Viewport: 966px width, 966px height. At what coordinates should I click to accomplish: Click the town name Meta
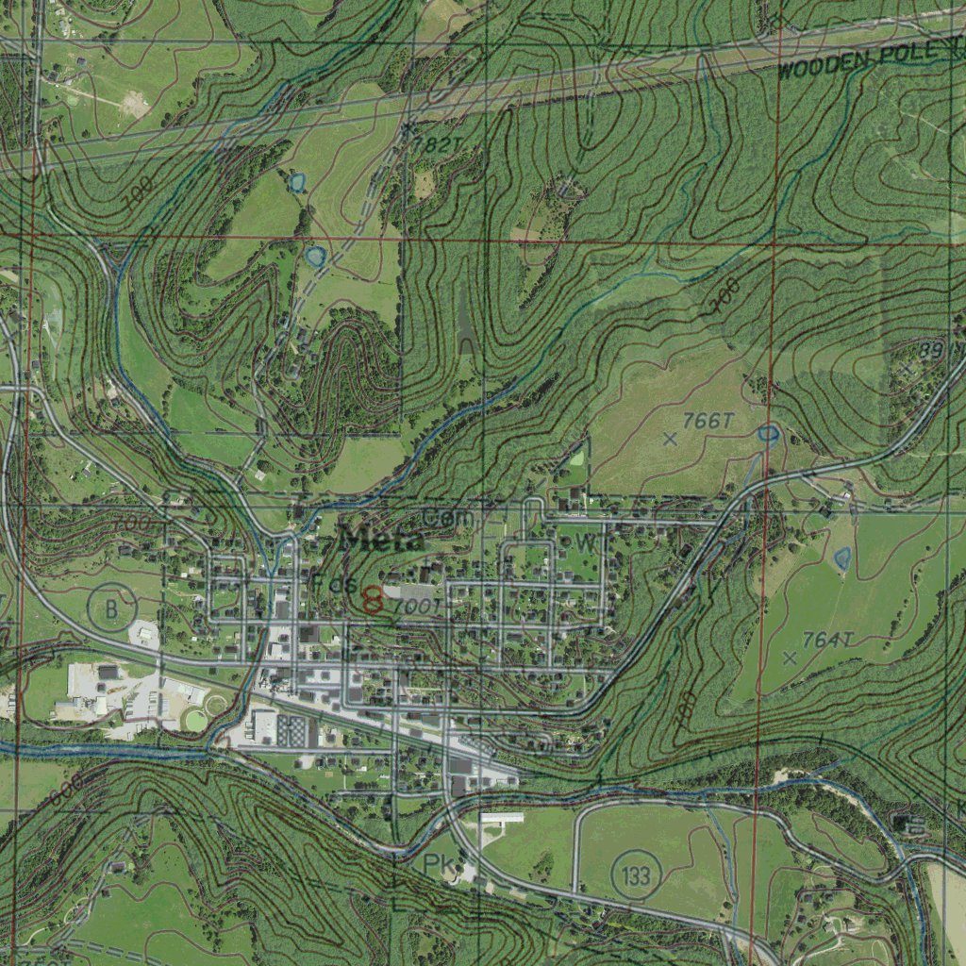point(382,541)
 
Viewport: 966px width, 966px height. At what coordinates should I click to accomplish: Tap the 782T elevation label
point(438,145)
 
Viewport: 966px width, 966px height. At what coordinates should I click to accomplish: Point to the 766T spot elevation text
point(708,421)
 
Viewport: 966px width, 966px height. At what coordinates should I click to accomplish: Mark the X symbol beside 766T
point(670,439)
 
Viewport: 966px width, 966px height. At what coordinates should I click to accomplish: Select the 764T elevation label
point(827,641)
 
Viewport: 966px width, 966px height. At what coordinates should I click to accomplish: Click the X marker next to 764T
point(790,658)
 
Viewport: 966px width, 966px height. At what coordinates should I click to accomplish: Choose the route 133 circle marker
point(636,875)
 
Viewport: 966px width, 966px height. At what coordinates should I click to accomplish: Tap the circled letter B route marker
point(111,609)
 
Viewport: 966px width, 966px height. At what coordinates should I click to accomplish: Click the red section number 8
point(373,599)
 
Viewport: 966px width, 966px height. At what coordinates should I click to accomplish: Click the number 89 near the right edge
point(931,351)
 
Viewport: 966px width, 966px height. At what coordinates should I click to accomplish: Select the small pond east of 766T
point(768,434)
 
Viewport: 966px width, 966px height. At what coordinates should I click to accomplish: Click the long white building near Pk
point(501,818)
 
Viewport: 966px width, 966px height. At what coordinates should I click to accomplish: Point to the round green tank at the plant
point(195,720)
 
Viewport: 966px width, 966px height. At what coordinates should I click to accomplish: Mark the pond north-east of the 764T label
point(842,558)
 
